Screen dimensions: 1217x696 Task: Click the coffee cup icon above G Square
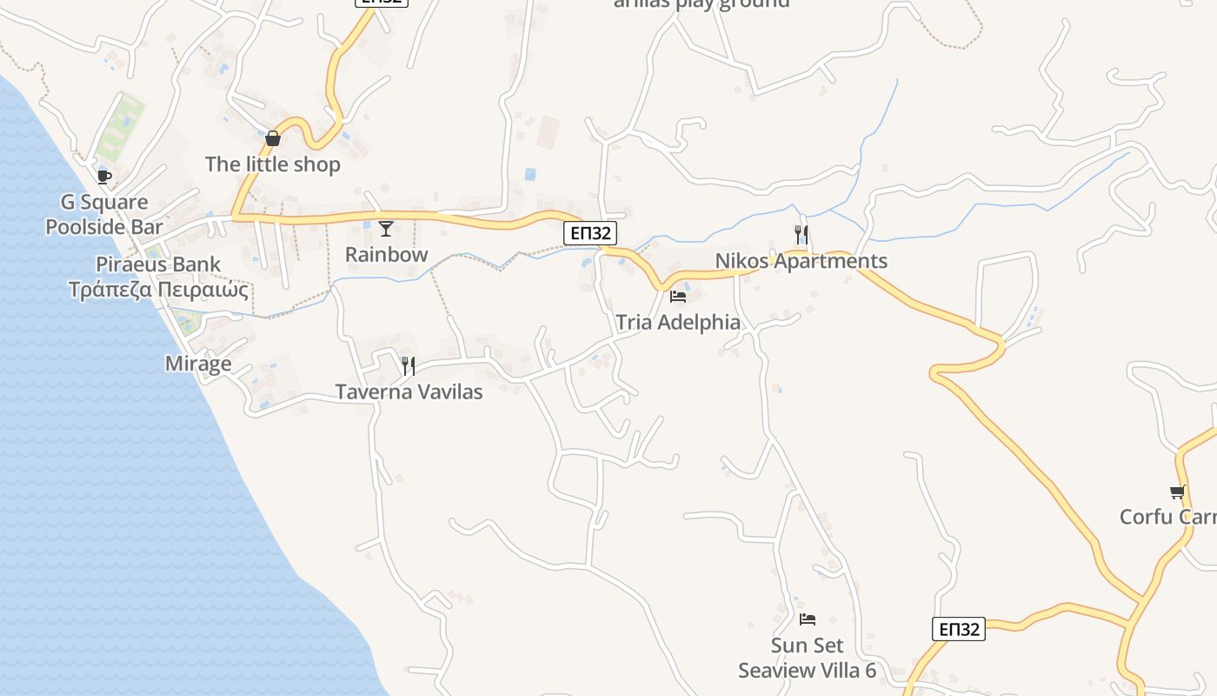click(x=104, y=177)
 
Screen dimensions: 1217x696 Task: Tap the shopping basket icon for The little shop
click(x=273, y=138)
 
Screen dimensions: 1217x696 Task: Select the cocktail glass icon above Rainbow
click(x=386, y=229)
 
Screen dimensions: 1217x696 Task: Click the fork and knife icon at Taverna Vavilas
click(x=408, y=365)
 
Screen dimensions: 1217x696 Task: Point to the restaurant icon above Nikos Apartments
click(x=801, y=234)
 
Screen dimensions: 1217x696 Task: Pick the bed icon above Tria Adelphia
click(x=678, y=297)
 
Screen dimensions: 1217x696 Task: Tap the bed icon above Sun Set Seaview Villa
click(x=808, y=619)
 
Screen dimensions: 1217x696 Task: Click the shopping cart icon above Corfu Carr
click(x=1178, y=492)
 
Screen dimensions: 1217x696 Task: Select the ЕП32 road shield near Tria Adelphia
click(x=590, y=232)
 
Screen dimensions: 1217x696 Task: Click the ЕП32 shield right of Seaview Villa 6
click(x=960, y=629)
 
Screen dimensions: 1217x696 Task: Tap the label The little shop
click(x=273, y=164)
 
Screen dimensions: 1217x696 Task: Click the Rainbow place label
click(x=387, y=255)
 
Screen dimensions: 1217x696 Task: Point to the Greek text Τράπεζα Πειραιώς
click(x=159, y=290)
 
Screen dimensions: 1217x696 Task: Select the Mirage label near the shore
click(x=198, y=364)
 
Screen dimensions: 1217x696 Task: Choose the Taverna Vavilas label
click(x=409, y=391)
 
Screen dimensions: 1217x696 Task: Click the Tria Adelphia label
click(x=678, y=323)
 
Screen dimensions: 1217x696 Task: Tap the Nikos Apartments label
click(x=801, y=261)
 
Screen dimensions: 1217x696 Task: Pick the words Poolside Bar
click(x=104, y=227)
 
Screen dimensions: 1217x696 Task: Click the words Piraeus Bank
click(x=158, y=264)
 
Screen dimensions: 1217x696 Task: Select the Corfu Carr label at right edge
click(x=1168, y=517)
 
